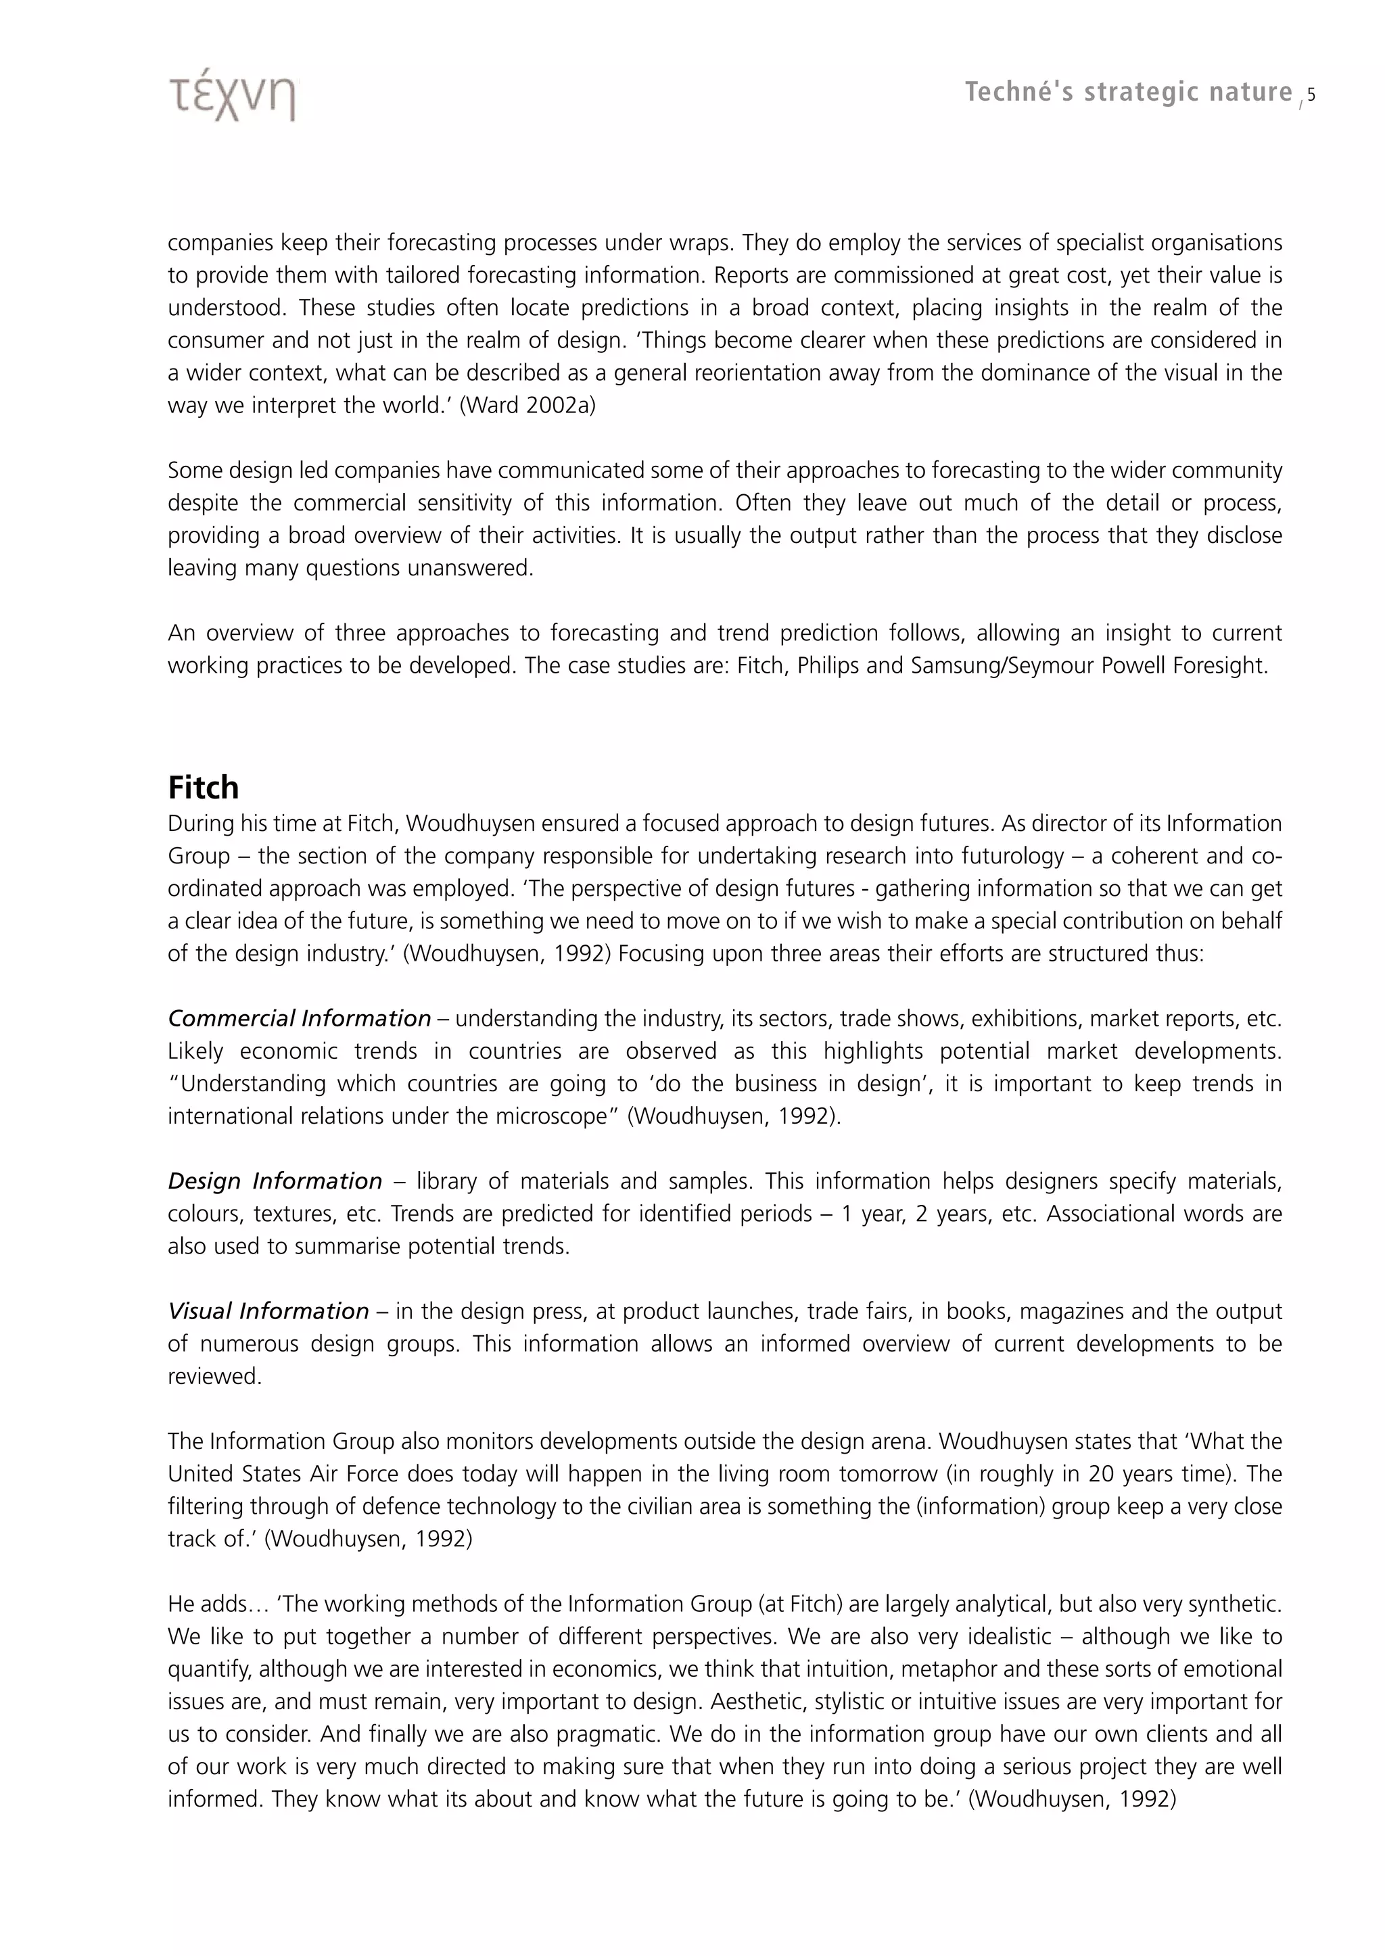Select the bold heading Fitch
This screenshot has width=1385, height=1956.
(x=203, y=787)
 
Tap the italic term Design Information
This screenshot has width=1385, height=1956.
(x=275, y=1181)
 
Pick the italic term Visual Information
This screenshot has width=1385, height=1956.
(x=268, y=1310)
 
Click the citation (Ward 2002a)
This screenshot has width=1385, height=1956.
(x=528, y=405)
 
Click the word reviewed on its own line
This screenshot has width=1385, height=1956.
(x=214, y=1376)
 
